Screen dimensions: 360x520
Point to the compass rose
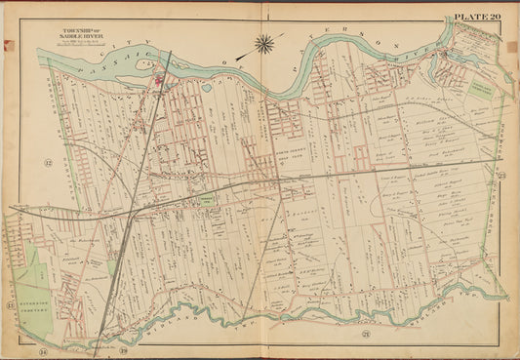264,43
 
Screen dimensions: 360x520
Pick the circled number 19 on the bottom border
124,347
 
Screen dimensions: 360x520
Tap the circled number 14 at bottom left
43,347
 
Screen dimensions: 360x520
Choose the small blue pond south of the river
206,89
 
